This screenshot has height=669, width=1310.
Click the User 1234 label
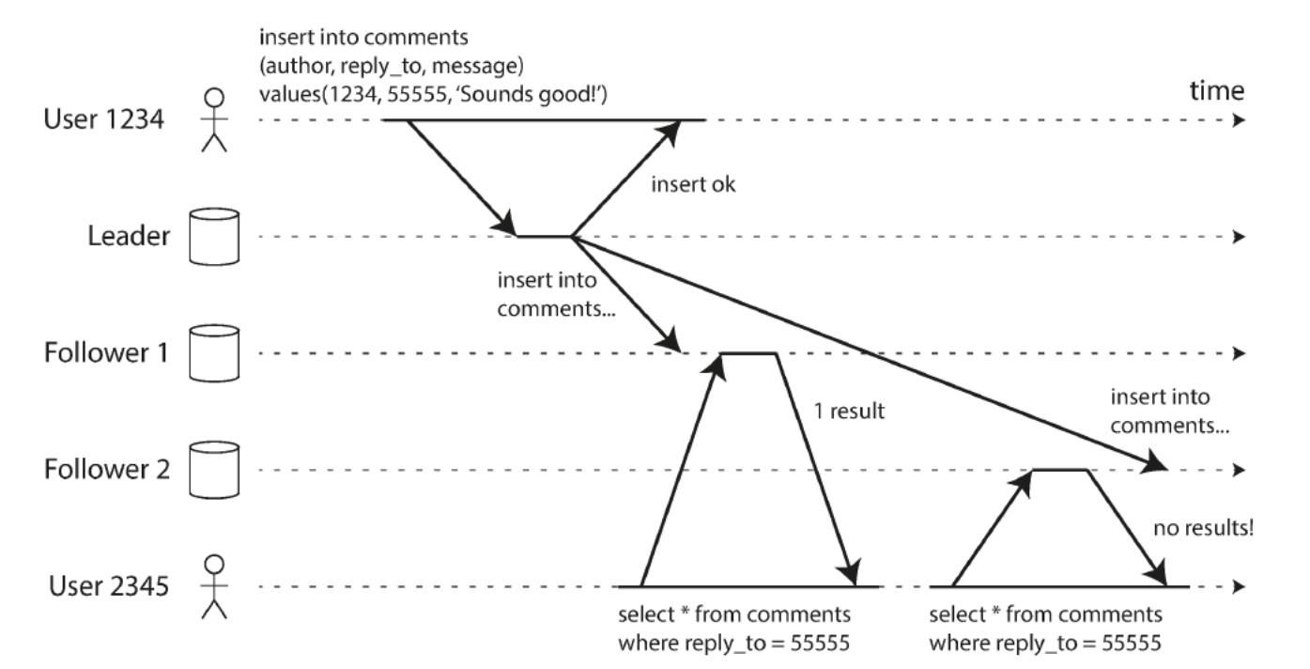point(104,119)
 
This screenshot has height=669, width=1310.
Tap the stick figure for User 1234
point(214,120)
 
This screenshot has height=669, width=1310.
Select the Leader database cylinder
point(214,237)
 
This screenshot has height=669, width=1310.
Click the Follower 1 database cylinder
point(214,353)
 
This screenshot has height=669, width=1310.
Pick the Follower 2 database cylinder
point(214,470)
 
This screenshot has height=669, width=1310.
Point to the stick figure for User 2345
point(214,586)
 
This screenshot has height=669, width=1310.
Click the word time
point(1217,91)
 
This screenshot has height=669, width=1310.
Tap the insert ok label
point(693,184)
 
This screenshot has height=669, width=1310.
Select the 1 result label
point(849,411)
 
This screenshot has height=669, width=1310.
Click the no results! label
point(1204,528)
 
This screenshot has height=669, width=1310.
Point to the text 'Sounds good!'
point(533,94)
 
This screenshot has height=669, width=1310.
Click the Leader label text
point(129,236)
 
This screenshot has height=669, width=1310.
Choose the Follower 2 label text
point(107,470)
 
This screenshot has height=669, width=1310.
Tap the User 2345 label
point(109,586)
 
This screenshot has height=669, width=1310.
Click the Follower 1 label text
point(106,352)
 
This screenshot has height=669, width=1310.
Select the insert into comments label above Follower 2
point(1170,411)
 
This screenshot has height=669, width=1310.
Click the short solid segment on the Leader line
point(544,237)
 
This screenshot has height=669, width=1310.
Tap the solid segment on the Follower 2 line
point(1059,470)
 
